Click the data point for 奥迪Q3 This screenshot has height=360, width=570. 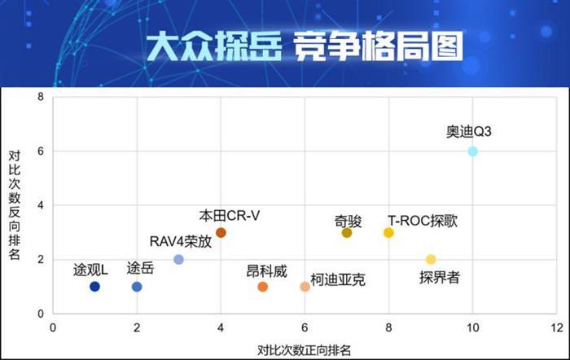point(473,151)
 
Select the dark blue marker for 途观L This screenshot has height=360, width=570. point(94,287)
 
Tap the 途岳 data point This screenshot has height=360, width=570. point(137,287)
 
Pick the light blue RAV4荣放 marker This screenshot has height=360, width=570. point(179,260)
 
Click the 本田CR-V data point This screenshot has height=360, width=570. point(221,233)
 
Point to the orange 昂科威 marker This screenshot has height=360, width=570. point(263,287)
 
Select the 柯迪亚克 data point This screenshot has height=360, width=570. point(305,287)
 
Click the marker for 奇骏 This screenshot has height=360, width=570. point(347,233)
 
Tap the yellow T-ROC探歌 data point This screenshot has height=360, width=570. point(388,233)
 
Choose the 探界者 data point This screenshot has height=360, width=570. point(431,260)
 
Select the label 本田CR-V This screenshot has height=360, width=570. point(230,216)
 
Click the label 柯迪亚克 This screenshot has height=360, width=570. point(338,280)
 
